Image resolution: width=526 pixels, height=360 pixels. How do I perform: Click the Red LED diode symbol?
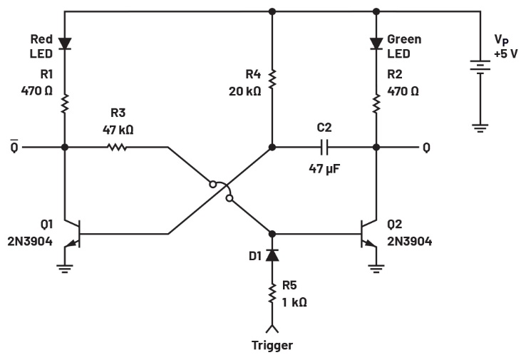pyautogui.click(x=65, y=43)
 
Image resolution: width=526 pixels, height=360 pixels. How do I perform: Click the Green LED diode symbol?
pyautogui.click(x=376, y=43)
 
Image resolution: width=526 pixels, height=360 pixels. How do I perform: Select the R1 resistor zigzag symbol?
pyautogui.click(x=65, y=103)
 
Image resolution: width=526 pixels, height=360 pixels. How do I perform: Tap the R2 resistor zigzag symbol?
pyautogui.click(x=376, y=103)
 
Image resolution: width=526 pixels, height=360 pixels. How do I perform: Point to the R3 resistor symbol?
pyautogui.click(x=117, y=148)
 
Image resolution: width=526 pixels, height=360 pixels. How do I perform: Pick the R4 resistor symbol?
pyautogui.click(x=272, y=75)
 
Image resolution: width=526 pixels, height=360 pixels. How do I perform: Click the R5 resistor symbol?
pyautogui.click(x=272, y=293)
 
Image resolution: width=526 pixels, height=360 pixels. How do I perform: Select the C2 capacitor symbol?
pyautogui.click(x=325, y=148)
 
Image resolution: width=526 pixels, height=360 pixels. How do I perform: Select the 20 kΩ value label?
pyautogui.click(x=244, y=91)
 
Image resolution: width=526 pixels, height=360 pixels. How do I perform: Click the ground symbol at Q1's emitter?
pyautogui.click(x=65, y=269)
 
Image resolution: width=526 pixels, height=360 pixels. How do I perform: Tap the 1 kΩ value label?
pyautogui.click(x=294, y=302)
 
